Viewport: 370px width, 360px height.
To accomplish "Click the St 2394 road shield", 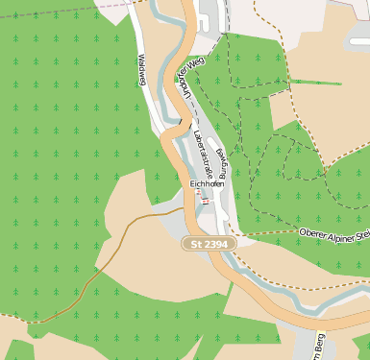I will pos(210,246).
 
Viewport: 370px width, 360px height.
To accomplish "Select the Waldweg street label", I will pos(141,70).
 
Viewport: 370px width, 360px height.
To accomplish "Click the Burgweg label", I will pos(222,165).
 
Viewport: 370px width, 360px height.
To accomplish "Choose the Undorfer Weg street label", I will pos(188,78).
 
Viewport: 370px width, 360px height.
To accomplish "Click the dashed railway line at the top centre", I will pos(227,19).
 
